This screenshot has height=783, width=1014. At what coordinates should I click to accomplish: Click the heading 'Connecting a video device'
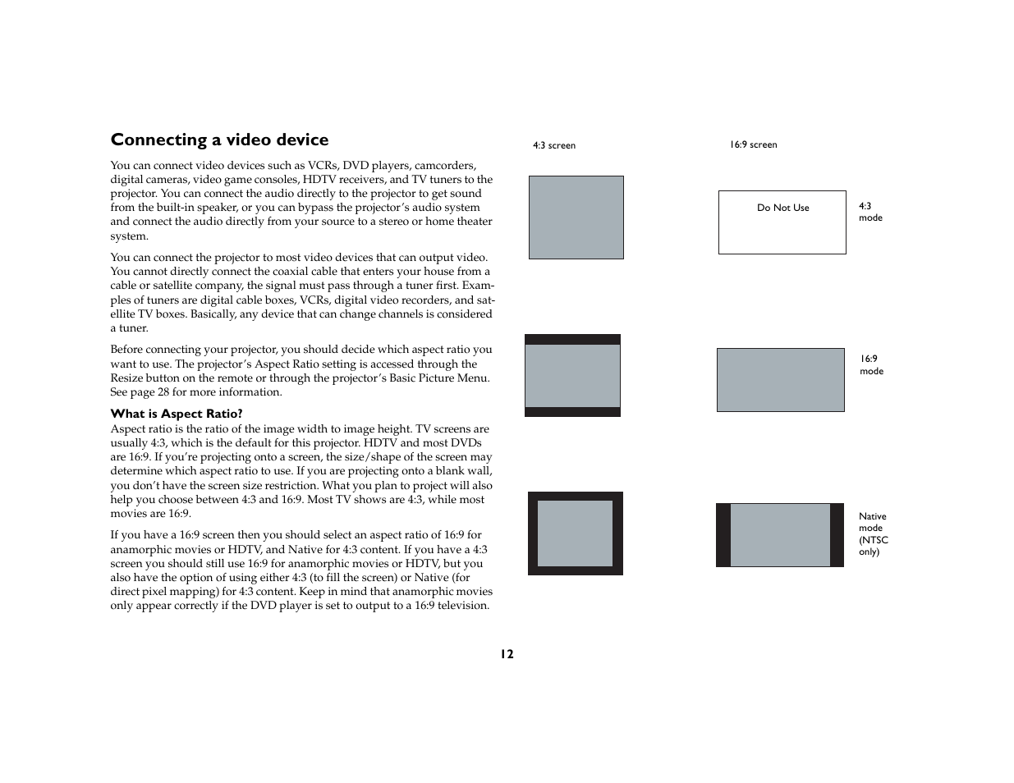pyautogui.click(x=219, y=140)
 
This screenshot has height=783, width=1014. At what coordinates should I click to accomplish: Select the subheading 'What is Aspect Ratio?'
pyautogui.click(x=177, y=414)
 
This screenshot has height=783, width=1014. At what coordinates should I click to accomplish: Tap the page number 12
pyautogui.click(x=507, y=654)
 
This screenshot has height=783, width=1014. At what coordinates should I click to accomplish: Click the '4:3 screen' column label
pyautogui.click(x=554, y=145)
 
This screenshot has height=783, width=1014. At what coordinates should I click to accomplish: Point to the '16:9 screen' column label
pyautogui.click(x=753, y=144)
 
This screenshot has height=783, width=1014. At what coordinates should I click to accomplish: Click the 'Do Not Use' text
pyautogui.click(x=782, y=208)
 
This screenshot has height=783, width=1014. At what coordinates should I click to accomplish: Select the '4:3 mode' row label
pyautogui.click(x=869, y=212)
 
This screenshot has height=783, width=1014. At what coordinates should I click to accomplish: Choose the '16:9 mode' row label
pyautogui.click(x=871, y=364)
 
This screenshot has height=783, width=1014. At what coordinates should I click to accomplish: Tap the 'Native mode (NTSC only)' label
pyautogui.click(x=873, y=533)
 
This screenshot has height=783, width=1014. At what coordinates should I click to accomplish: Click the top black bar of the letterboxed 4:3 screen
pyautogui.click(x=572, y=339)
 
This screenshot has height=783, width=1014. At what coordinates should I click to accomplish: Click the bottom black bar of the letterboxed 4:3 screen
pyautogui.click(x=572, y=412)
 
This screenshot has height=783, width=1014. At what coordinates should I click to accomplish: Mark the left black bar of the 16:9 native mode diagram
pyautogui.click(x=723, y=535)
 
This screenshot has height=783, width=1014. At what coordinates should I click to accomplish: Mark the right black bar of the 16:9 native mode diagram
pyautogui.click(x=837, y=535)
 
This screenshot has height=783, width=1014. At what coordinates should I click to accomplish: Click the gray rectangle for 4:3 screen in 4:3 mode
pyautogui.click(x=576, y=217)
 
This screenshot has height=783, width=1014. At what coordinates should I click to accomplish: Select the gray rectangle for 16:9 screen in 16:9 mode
pyautogui.click(x=780, y=380)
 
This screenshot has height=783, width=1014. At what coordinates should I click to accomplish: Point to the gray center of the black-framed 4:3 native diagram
pyautogui.click(x=575, y=533)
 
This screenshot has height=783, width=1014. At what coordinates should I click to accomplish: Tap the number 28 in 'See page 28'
pyautogui.click(x=163, y=392)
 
